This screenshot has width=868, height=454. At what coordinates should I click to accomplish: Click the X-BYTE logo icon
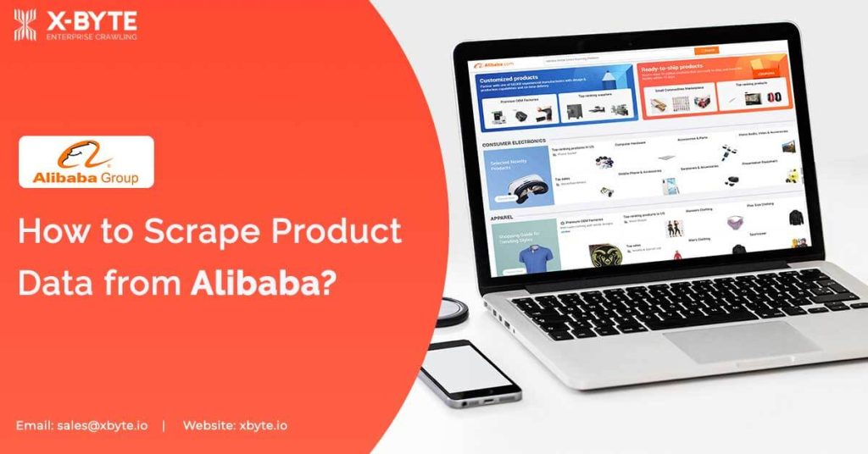[x=25, y=25]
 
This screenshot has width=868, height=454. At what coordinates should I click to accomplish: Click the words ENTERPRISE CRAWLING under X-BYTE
[x=92, y=36]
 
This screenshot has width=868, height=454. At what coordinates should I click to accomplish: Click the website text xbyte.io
[x=263, y=425]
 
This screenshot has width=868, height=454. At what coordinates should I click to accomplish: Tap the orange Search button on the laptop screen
[x=705, y=51]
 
